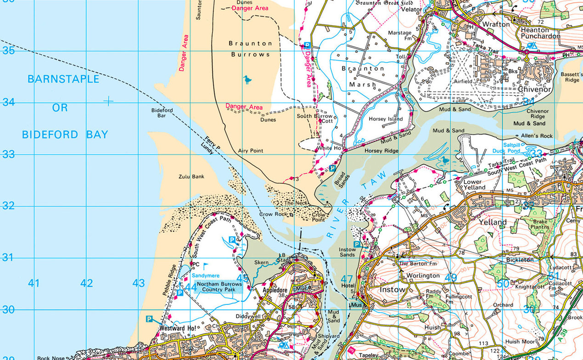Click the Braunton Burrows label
(250, 49)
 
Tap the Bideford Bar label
(162, 113)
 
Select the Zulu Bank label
(191, 176)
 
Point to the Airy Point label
(251, 151)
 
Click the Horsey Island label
(386, 119)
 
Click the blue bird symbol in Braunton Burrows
(247, 80)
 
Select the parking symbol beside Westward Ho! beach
(149, 319)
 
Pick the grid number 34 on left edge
(8, 102)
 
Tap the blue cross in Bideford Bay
(108, 101)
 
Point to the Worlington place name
(423, 276)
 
